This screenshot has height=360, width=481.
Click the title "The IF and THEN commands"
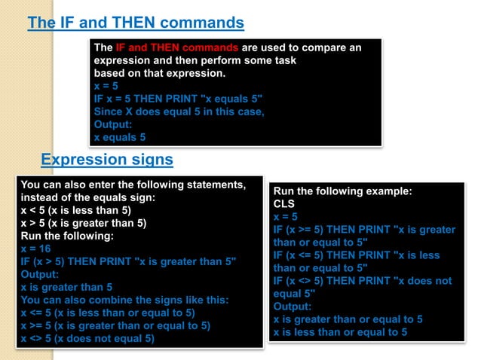click(136, 23)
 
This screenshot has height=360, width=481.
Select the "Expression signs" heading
click(106, 159)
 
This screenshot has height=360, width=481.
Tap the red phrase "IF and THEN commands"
click(170, 47)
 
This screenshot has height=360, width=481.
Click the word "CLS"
click(283, 204)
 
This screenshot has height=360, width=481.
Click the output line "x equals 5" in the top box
click(120, 137)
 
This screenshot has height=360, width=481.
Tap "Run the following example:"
click(342, 191)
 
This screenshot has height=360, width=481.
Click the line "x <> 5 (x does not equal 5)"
click(88, 338)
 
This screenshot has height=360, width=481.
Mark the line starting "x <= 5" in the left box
click(108, 313)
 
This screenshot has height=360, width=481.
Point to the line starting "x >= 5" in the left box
click(115, 325)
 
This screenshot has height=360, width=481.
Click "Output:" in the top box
click(113, 124)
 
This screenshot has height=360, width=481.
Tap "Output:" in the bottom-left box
click(41, 274)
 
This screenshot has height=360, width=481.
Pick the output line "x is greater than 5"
click(67, 287)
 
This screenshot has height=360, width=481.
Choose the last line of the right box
click(340, 332)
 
